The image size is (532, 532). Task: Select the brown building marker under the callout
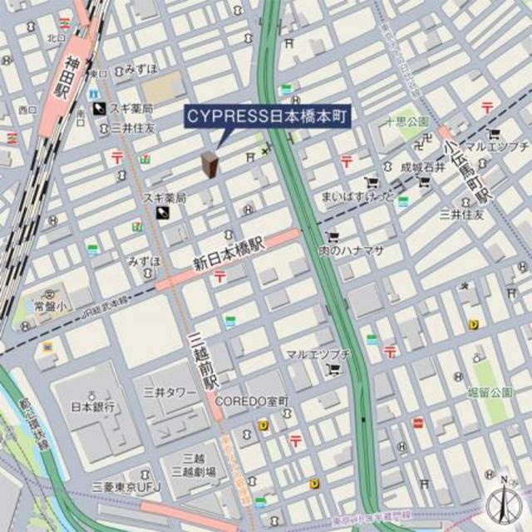point(209,165)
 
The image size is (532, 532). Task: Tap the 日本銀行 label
point(91,407)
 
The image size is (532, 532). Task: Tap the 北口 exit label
point(56,37)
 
